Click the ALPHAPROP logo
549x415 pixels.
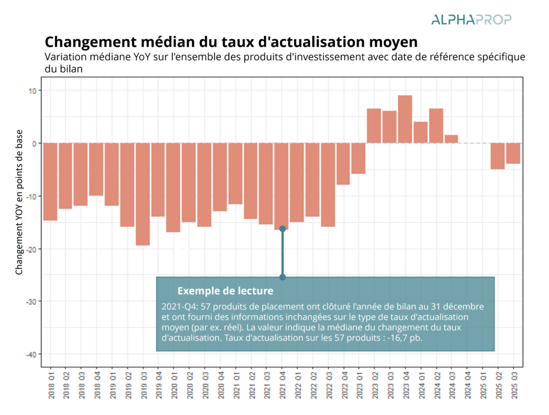(471, 20)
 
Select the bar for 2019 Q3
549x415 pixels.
(143, 194)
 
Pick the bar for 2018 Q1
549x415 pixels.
(50, 182)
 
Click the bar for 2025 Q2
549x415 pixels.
(498, 156)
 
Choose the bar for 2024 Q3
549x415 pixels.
(451, 139)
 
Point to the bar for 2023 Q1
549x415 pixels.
(359, 158)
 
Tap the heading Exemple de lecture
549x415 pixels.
(225, 291)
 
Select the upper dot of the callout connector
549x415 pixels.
(283, 229)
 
